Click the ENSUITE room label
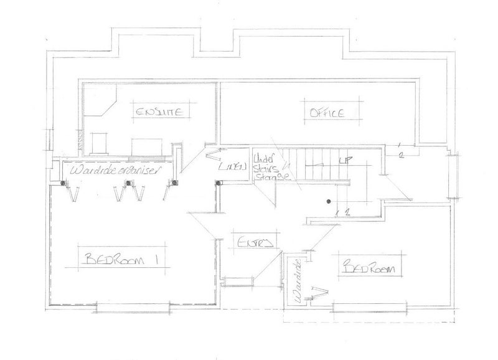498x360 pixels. (x=160, y=112)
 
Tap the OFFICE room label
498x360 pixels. (x=324, y=113)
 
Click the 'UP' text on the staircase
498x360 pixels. (x=341, y=162)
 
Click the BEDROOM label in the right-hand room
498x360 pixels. (x=370, y=267)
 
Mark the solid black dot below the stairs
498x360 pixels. (x=328, y=201)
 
